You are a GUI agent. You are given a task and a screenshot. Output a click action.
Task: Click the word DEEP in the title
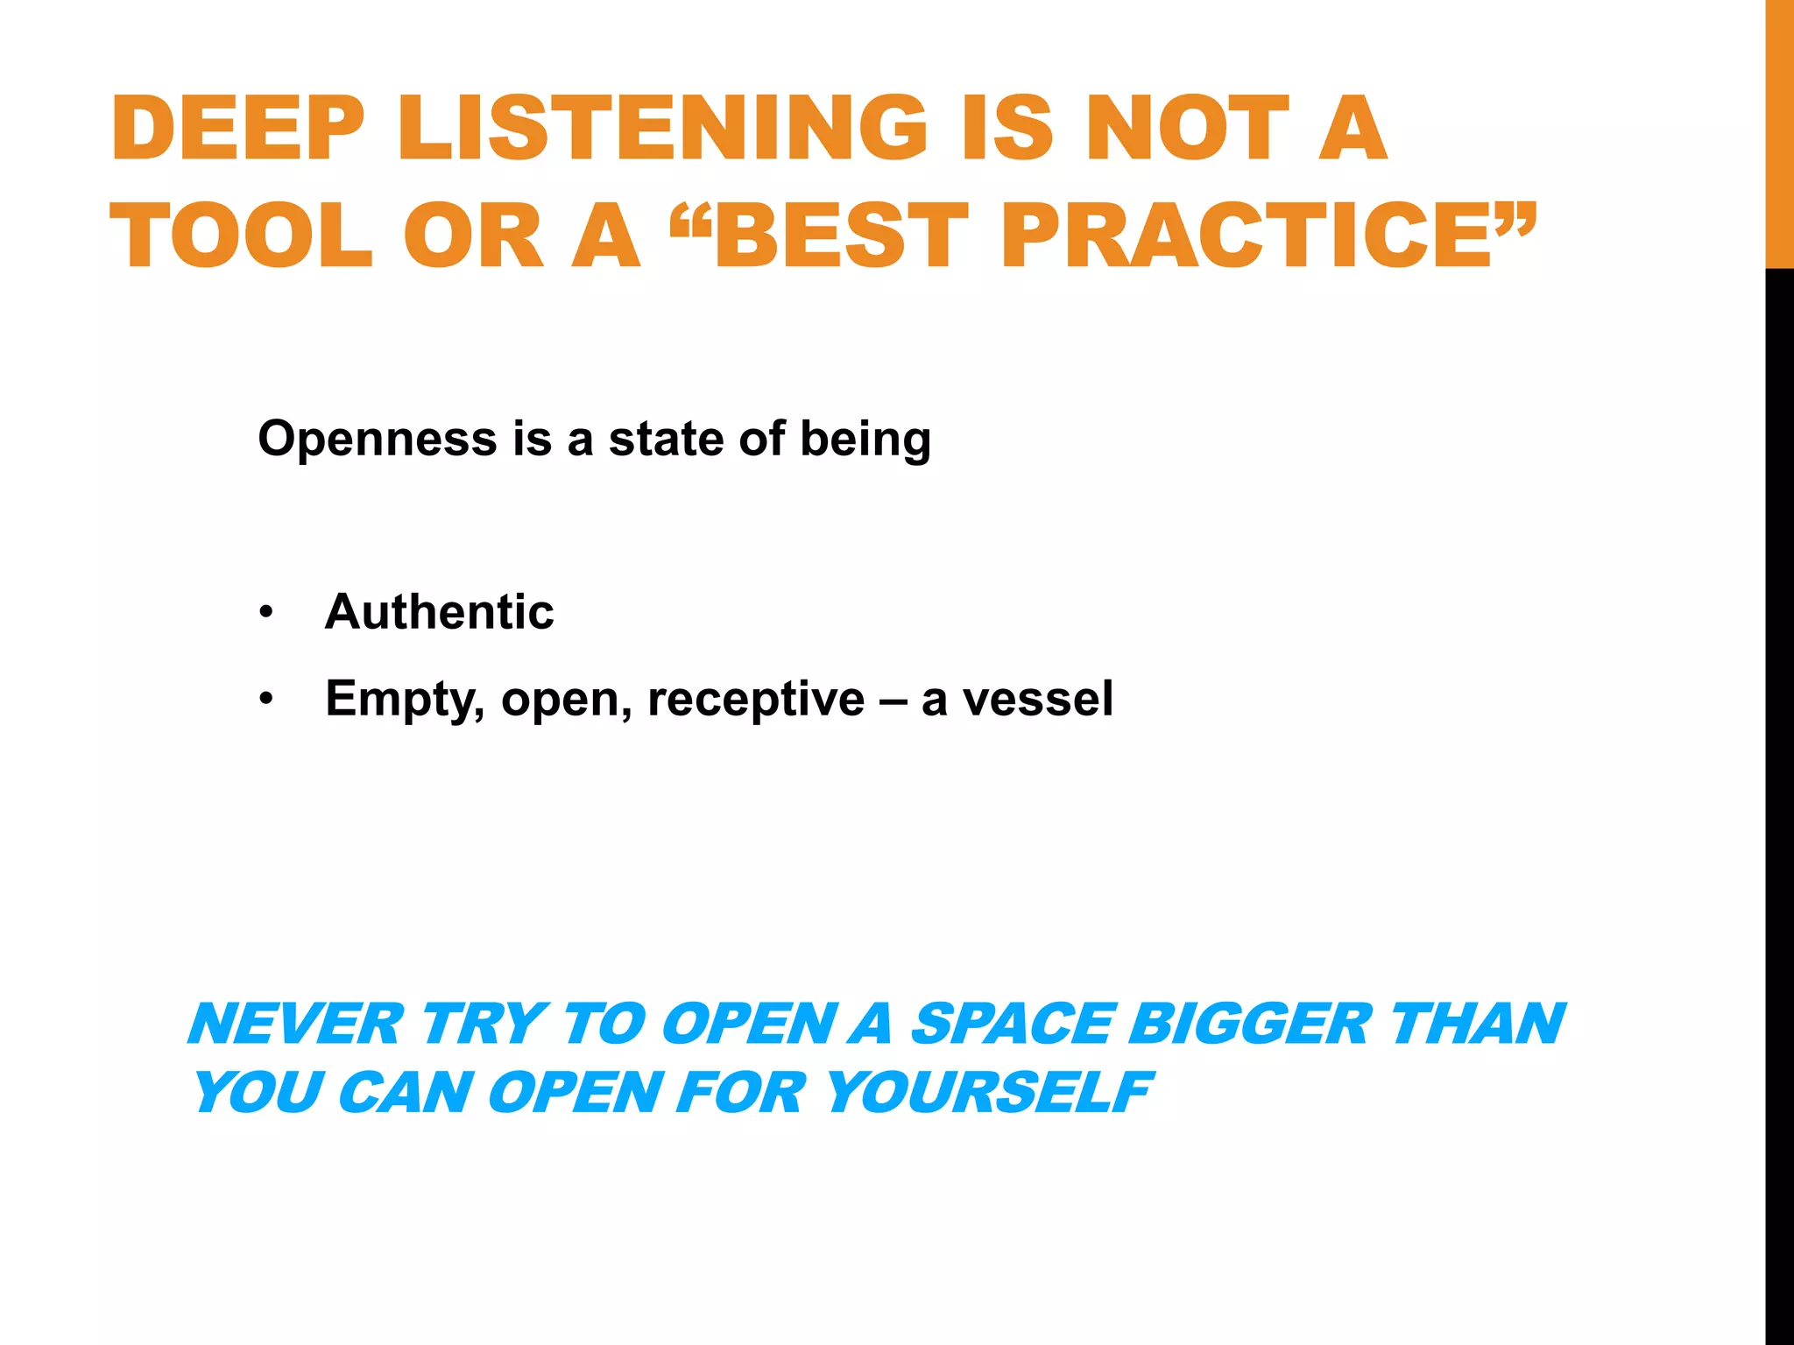[237, 129]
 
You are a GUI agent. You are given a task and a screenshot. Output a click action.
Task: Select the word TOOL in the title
[242, 235]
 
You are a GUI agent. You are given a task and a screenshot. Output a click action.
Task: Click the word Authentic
[439, 611]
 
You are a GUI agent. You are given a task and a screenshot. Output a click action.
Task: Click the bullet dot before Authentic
[266, 612]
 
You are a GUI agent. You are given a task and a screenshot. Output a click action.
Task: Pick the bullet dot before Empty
[266, 699]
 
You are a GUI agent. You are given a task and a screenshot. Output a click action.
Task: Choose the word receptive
[756, 700]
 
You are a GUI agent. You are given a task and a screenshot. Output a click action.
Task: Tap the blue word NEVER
[295, 1024]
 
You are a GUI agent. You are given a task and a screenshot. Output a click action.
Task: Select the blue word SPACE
[1012, 1024]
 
